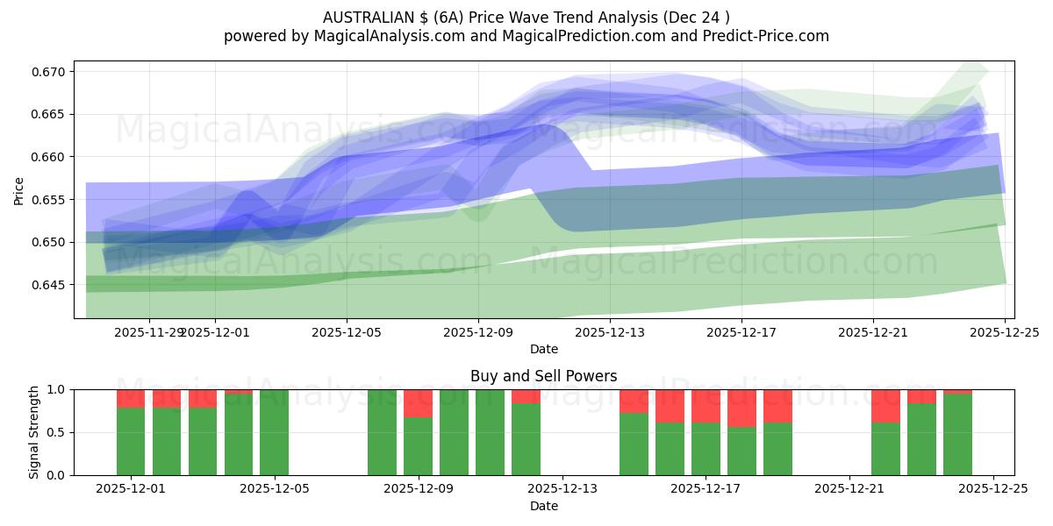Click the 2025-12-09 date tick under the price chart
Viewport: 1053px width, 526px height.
click(x=478, y=332)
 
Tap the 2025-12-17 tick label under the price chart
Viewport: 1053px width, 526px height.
click(x=741, y=332)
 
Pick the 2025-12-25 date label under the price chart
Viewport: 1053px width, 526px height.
click(x=1005, y=332)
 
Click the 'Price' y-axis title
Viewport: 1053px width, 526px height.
click(x=19, y=189)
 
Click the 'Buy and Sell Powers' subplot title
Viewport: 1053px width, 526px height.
click(x=543, y=376)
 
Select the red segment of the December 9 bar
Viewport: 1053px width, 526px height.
click(x=418, y=403)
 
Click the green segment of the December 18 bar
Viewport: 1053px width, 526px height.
click(x=741, y=451)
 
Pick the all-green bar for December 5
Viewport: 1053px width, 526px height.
click(x=274, y=432)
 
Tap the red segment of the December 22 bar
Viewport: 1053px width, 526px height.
click(x=885, y=406)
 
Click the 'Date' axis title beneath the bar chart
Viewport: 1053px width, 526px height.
click(x=543, y=506)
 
